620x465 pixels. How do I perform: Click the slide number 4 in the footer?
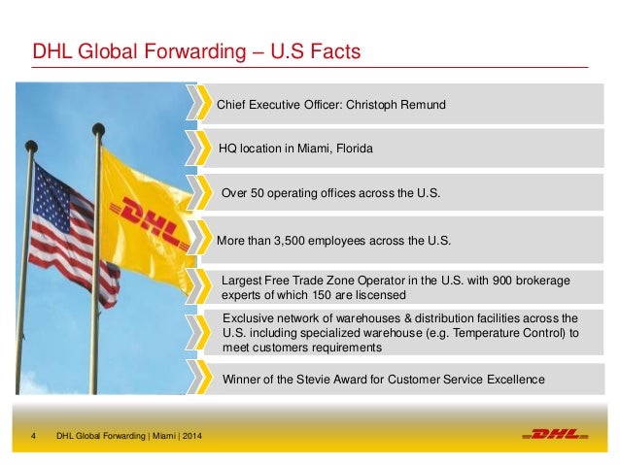(34, 434)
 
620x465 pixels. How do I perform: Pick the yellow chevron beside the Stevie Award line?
(204, 379)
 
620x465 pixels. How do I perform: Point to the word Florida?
(353, 149)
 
